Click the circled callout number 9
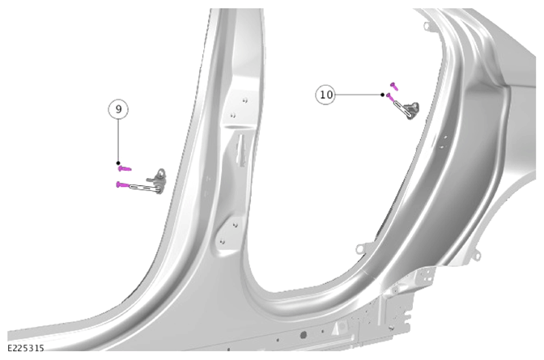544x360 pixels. click(118, 109)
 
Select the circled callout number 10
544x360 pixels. click(325, 95)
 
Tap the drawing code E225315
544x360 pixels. click(26, 348)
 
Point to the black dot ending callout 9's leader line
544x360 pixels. click(118, 163)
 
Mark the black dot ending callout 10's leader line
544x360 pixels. click(382, 95)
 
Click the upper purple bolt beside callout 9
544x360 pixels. click(125, 169)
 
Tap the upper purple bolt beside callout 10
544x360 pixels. click(393, 86)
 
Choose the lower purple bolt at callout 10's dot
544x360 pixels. click(390, 97)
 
